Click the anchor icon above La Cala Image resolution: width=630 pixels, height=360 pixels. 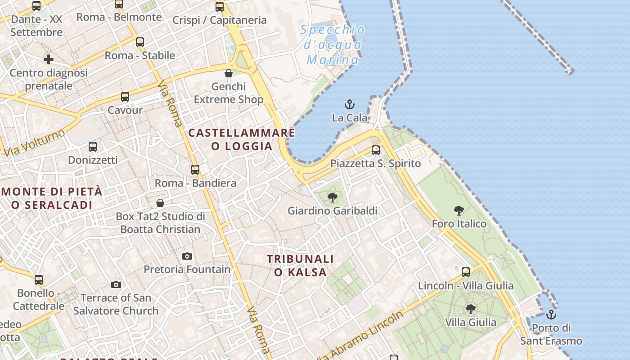coord(350,105)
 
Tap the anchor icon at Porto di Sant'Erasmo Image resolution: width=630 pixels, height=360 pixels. coord(551,315)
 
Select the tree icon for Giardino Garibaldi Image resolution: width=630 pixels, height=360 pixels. coord(333,197)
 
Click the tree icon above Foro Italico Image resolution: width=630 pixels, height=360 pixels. coord(459,210)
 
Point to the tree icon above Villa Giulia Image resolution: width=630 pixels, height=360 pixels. coord(471,309)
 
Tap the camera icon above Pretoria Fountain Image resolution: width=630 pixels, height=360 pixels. coord(187,256)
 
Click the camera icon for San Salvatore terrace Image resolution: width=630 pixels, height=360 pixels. coord(116,284)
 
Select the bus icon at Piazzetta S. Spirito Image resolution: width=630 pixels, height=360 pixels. coord(376,150)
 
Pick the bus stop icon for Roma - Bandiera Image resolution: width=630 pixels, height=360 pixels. coord(195,170)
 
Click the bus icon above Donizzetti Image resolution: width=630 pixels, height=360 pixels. coord(93,146)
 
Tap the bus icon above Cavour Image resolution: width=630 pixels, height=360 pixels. coord(125,97)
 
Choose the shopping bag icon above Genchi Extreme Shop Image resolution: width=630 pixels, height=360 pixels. coord(229,73)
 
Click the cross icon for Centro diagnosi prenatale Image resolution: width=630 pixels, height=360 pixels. coord(49,59)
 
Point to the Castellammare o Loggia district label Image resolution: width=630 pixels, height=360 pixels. coord(242,139)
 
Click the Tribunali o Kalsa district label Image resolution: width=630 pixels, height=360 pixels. coord(300,265)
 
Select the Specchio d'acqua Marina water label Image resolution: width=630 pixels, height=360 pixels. coord(333,45)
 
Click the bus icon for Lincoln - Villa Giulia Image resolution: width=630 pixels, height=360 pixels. coord(466,272)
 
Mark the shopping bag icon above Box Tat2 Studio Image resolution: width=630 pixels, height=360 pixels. coord(160,203)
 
